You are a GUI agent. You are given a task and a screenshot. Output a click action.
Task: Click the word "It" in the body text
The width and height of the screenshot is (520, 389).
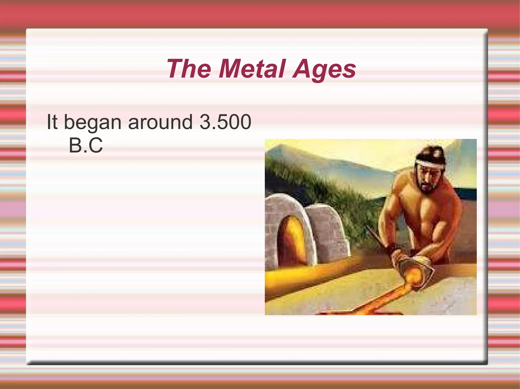(x=52, y=122)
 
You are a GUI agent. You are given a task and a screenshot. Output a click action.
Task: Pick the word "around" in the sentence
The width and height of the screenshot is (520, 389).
(x=160, y=122)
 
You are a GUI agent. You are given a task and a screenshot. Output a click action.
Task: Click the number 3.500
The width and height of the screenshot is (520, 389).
(x=225, y=122)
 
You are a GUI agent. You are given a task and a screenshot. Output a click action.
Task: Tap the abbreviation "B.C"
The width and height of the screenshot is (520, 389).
(x=86, y=145)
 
